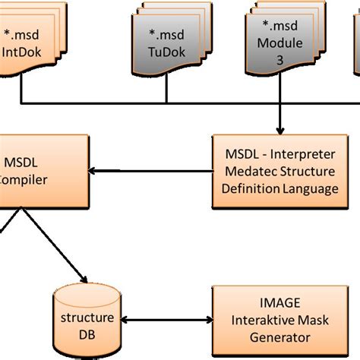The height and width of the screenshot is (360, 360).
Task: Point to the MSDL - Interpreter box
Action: click(x=276, y=172)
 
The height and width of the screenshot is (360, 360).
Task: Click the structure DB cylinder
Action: click(x=88, y=320)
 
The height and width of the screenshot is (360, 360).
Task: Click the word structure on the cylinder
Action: click(x=88, y=317)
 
